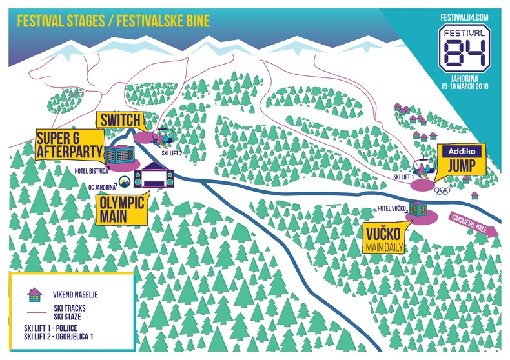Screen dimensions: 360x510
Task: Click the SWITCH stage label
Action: coord(119,120)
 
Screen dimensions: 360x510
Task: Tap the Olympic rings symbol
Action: coord(441,190)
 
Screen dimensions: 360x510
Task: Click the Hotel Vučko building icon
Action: coord(419,208)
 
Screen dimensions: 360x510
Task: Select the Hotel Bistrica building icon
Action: coord(121,155)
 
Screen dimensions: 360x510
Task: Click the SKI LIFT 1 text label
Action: coord(404,176)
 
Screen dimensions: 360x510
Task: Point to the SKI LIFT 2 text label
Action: coord(171,154)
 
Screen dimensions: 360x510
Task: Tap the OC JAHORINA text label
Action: coord(101,187)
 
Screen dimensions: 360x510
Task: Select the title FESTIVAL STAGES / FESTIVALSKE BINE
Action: coord(113,21)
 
